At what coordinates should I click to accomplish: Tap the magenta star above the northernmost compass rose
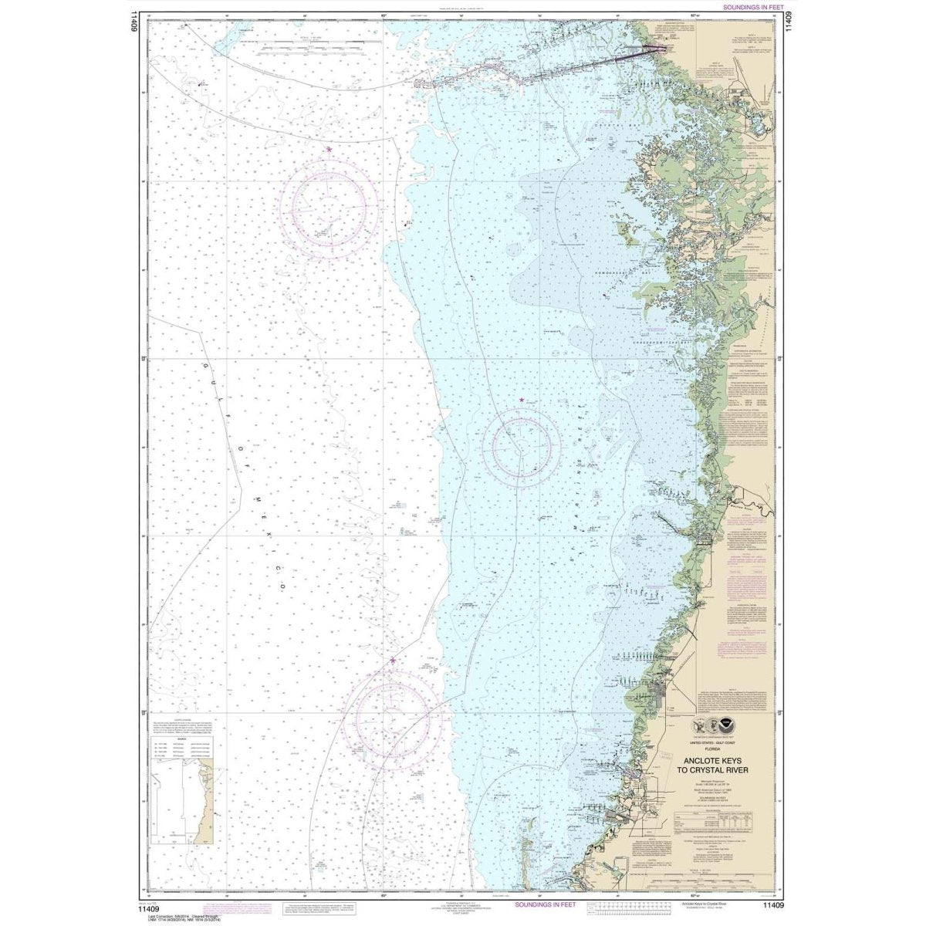[330, 149]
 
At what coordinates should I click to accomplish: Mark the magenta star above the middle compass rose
[521, 400]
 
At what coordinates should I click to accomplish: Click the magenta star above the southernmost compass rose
[393, 661]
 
